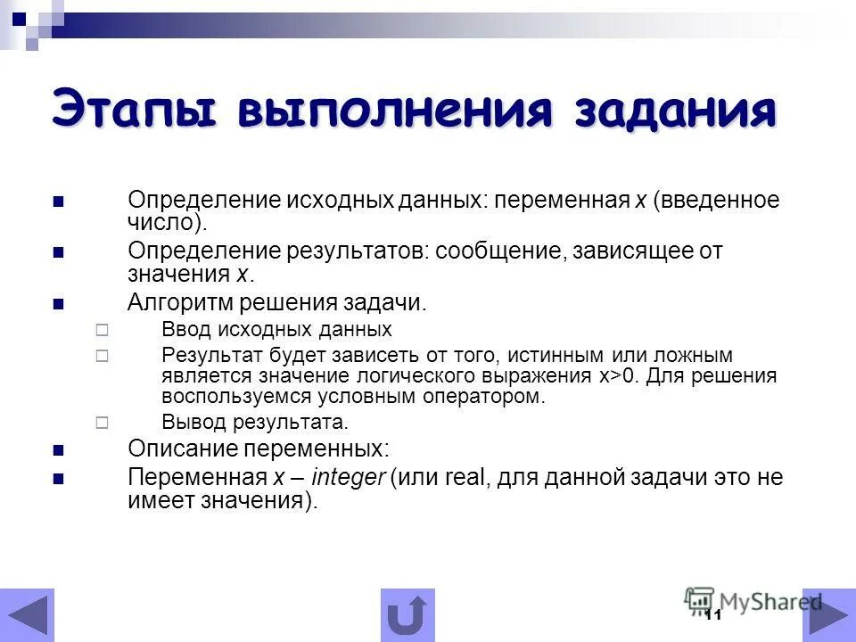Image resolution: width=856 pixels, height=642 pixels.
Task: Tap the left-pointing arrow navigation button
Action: coord(27,615)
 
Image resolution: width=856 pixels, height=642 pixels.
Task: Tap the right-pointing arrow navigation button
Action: coord(828,615)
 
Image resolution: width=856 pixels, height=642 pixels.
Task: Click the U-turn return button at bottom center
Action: coord(407,615)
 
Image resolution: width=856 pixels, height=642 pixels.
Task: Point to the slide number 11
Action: coord(712,617)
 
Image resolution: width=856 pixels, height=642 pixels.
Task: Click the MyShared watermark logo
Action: coord(753,601)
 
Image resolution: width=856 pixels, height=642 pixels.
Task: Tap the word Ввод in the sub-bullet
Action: coord(184,329)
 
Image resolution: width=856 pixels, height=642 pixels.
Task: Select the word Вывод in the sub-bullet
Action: coord(189,421)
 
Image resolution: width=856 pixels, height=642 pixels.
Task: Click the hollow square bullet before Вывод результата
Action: coord(101,422)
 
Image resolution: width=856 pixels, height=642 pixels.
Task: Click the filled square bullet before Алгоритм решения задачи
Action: coord(59,304)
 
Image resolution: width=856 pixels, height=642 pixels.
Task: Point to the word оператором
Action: coord(493,396)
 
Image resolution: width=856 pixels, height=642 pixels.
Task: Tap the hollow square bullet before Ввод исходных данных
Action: coord(101,330)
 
